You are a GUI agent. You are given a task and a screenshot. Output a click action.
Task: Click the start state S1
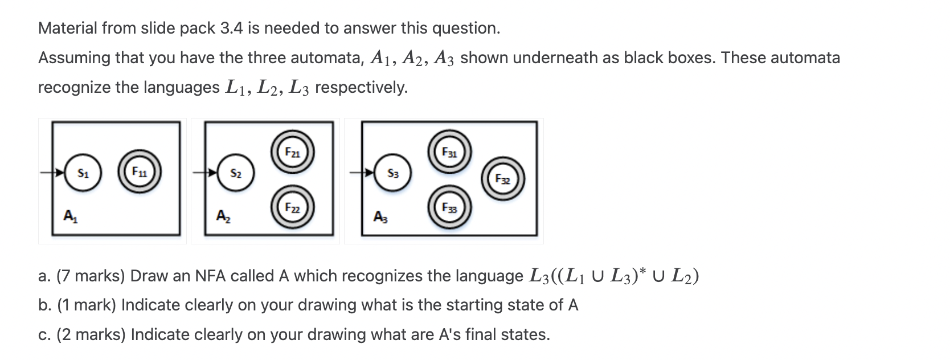[83, 173]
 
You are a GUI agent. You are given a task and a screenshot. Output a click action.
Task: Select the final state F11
[139, 171]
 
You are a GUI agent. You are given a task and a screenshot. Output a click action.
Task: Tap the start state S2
[236, 173]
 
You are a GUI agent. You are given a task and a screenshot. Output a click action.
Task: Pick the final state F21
[292, 153]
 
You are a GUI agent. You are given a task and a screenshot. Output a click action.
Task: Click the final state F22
[292, 207]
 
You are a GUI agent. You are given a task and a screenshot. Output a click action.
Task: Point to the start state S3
[393, 173]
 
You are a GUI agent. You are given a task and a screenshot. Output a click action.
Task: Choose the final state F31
[450, 152]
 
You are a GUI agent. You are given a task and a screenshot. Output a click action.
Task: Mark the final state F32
[502, 179]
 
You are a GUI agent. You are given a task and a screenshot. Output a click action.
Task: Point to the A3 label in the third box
[379, 216]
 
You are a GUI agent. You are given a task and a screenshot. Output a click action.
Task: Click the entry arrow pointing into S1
[53, 172]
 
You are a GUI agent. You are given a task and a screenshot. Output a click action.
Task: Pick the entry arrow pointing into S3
[362, 172]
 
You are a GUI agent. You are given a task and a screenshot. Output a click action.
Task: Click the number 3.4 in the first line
[231, 28]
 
